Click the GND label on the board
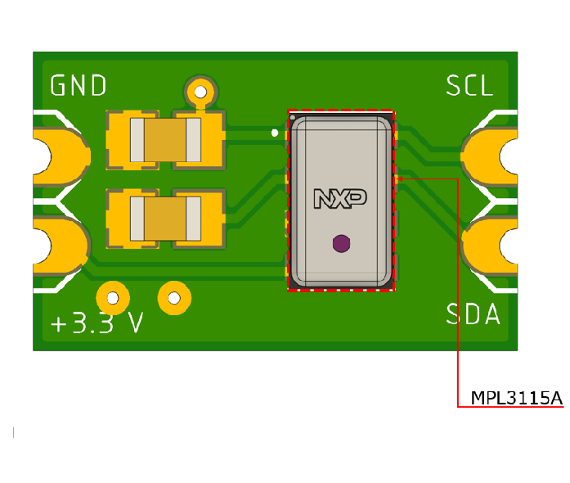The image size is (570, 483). [79, 86]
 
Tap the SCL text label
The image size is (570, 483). [469, 86]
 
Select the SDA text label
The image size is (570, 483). [473, 314]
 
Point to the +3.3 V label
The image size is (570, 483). [96, 323]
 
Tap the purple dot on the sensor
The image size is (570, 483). [340, 242]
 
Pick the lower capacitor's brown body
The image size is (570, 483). [164, 220]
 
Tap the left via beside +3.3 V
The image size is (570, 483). [113, 296]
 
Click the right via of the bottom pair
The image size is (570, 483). [173, 296]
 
